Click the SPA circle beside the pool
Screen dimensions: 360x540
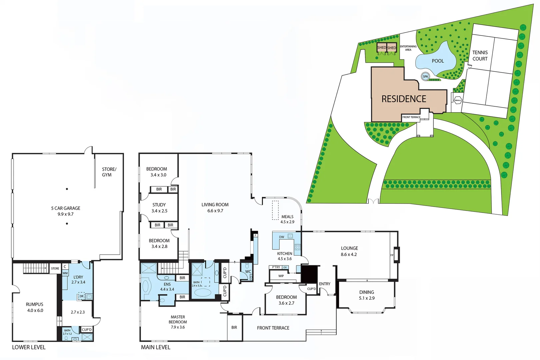point(425,76)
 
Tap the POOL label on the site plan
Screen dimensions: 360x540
point(438,61)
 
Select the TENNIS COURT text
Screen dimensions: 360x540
point(480,56)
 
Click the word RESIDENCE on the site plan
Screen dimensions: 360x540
point(404,99)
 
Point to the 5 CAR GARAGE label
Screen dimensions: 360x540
point(66,208)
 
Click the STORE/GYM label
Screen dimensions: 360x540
point(109,172)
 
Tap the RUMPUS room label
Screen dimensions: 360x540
point(35,304)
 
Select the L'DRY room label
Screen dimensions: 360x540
point(78,277)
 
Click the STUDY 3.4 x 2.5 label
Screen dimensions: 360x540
point(159,208)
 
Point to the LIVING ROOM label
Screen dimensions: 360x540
point(215,205)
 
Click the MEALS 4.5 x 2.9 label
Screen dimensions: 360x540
point(287,219)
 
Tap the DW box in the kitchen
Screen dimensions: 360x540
point(282,237)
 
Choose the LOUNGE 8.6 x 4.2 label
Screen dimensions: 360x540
point(349,251)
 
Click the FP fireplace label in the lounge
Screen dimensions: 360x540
point(392,255)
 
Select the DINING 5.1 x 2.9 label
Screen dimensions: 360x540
point(367,295)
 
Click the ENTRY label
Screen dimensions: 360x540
point(324,284)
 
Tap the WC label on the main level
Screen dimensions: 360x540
point(248,272)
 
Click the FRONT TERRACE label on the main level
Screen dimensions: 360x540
point(273,328)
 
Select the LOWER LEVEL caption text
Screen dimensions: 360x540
point(29,347)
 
